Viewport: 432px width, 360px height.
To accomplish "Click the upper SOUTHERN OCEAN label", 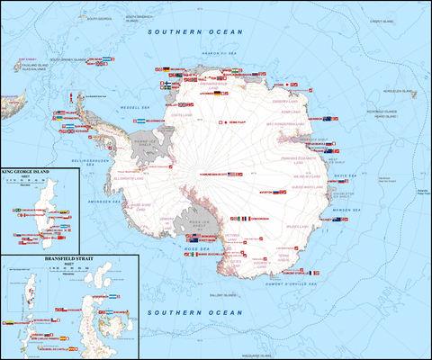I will pos(196,32).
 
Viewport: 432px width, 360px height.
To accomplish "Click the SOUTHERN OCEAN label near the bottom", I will pos(196,313).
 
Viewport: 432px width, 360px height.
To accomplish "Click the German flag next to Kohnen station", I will pos(217,93).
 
